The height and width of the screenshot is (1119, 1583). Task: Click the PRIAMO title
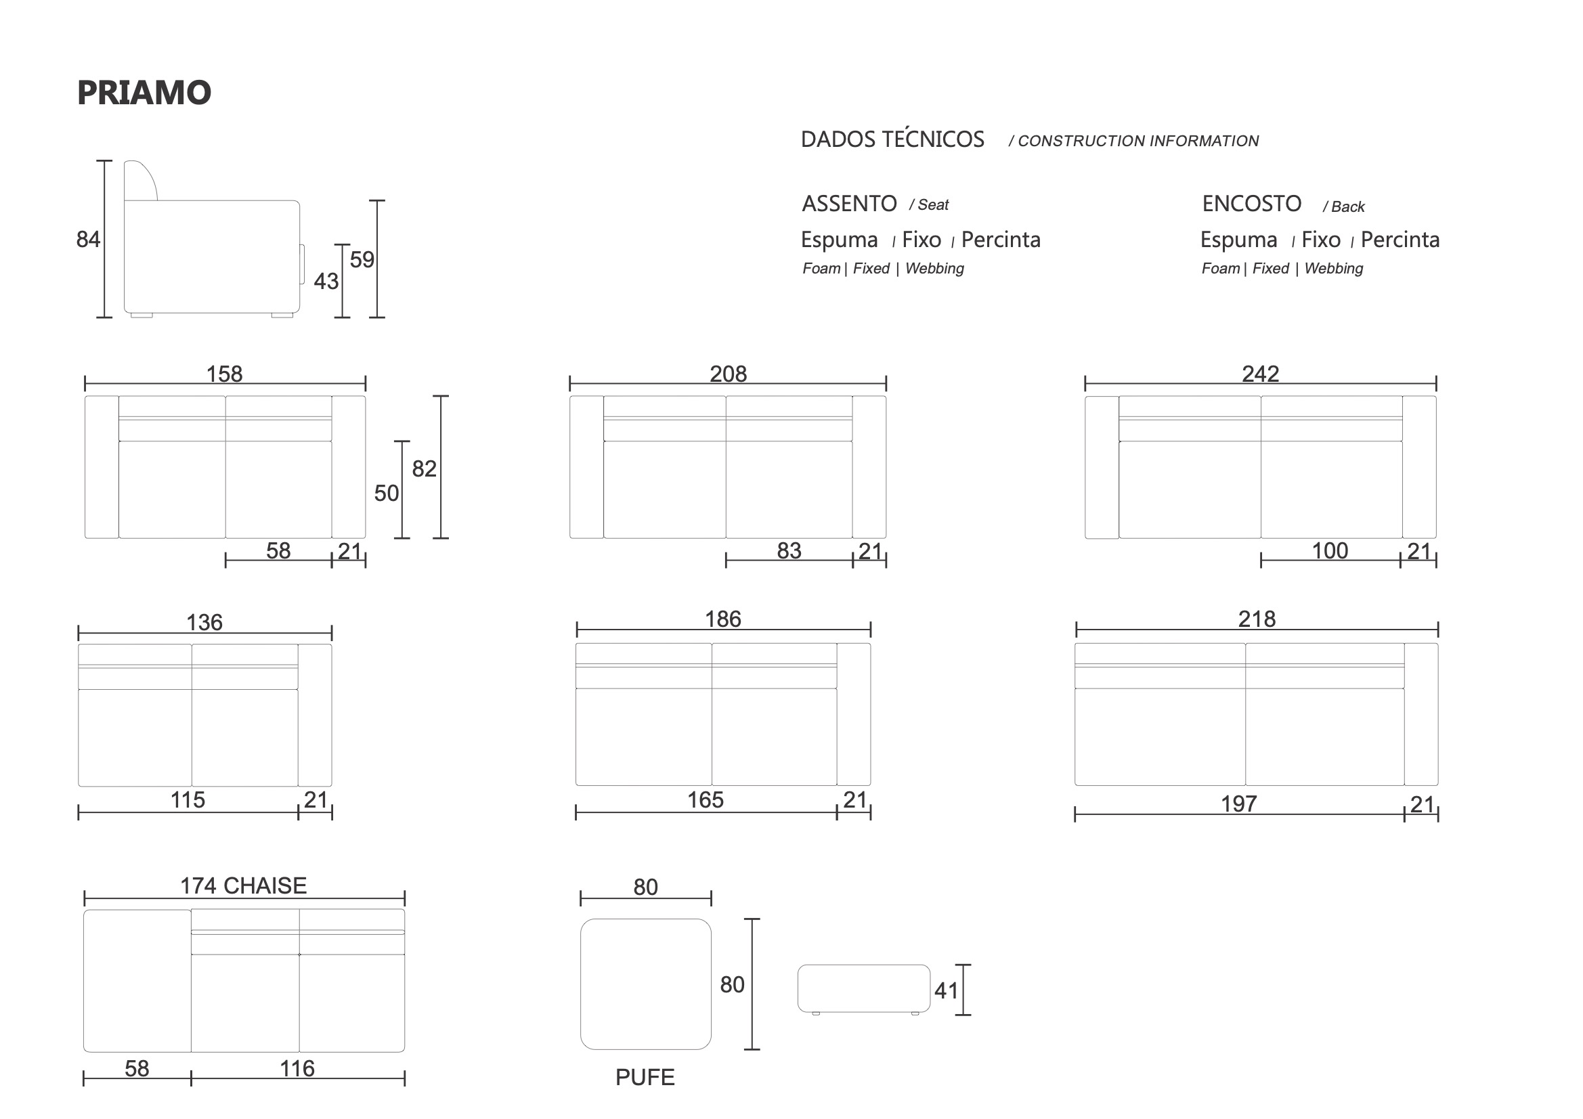pos(144,93)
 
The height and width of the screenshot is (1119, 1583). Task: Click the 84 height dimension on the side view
pos(88,239)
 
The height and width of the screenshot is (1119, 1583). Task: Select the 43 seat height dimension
pos(326,282)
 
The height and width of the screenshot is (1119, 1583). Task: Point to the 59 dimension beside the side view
pos(362,259)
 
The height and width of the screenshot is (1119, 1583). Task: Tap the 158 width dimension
pos(225,374)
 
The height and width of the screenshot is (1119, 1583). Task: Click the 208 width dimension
pos(728,374)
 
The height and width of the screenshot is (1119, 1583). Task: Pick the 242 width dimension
pos(1260,374)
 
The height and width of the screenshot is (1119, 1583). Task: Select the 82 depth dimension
pos(424,469)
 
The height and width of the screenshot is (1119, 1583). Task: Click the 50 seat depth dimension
pos(387,493)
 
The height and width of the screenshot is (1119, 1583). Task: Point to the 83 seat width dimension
pos(789,550)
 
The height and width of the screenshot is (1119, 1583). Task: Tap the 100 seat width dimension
pos(1329,550)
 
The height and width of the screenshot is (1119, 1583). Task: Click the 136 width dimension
pos(204,623)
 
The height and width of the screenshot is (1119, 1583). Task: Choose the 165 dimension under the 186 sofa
pos(706,799)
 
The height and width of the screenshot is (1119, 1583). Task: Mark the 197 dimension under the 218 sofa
pos(1239,804)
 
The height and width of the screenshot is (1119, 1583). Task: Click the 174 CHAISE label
pos(243,886)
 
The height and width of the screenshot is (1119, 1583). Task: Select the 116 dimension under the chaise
pos(297,1069)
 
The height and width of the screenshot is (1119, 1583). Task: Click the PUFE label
pos(645,1078)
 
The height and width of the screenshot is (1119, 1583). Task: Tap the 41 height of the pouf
pos(946,991)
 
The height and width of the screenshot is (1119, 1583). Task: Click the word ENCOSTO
pos(1251,204)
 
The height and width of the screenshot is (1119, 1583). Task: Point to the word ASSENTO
pos(850,204)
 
